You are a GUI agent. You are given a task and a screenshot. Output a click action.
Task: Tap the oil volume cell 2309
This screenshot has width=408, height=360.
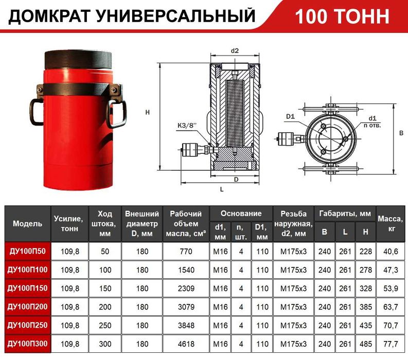pyautogui.click(x=186, y=289)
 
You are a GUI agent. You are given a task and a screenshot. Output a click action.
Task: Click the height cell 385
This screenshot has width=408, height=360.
pyautogui.click(x=365, y=307)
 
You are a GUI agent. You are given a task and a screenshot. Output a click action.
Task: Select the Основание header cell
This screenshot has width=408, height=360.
pyautogui.click(x=241, y=213)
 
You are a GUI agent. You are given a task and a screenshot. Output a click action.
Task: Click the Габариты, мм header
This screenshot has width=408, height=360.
pyautogui.click(x=345, y=213)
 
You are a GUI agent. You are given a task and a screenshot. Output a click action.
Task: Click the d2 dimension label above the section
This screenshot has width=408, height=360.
pyautogui.click(x=235, y=50)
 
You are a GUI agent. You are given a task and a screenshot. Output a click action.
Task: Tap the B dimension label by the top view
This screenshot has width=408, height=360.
pyautogui.click(x=401, y=133)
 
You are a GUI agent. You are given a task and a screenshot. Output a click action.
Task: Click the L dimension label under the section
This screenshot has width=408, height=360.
pyautogui.click(x=221, y=189)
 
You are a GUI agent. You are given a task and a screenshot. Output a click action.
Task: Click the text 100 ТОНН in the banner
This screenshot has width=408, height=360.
pyautogui.click(x=342, y=16)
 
